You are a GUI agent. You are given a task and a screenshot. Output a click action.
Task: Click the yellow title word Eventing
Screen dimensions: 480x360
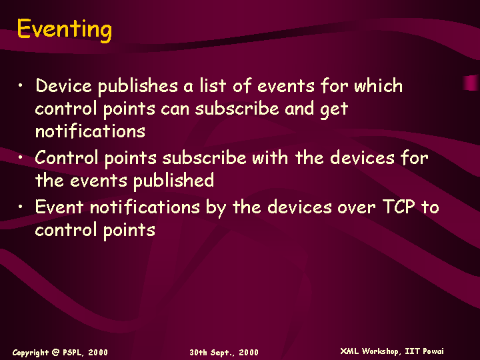(65, 30)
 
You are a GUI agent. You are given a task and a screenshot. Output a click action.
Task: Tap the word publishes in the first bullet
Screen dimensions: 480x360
(138, 86)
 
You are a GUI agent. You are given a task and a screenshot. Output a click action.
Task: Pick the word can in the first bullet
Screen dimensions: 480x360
(175, 109)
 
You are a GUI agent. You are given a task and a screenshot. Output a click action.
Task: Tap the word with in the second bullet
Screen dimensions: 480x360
(270, 157)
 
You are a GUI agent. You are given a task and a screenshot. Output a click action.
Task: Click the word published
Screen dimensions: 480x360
(173, 181)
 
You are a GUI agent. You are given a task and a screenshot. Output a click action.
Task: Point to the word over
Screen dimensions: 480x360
(356, 208)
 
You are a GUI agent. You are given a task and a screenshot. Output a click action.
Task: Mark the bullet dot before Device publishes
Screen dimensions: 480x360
(20, 85)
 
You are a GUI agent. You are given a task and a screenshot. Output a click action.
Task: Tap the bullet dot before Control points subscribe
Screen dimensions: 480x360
(20, 157)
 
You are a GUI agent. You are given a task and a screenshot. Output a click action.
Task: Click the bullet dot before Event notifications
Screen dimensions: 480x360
(20, 207)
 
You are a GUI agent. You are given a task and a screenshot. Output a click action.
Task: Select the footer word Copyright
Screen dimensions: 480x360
(30, 353)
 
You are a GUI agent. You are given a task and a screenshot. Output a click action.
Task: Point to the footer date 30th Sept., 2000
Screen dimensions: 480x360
(224, 353)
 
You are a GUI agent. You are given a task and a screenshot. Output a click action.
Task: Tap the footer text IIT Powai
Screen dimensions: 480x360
(424, 351)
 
